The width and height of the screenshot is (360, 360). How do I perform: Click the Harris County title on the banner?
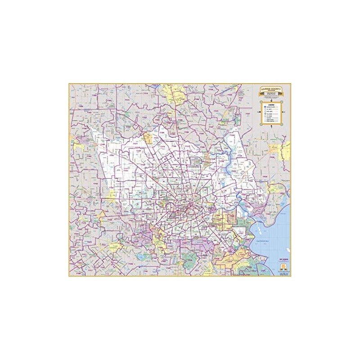tap(271, 89)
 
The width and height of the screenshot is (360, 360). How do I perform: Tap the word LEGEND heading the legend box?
tap(271, 105)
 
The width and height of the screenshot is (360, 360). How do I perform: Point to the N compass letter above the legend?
tap(271, 101)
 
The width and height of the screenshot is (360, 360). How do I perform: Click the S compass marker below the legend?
tap(271, 126)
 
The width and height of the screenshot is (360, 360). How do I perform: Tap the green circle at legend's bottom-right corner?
tap(282, 124)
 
